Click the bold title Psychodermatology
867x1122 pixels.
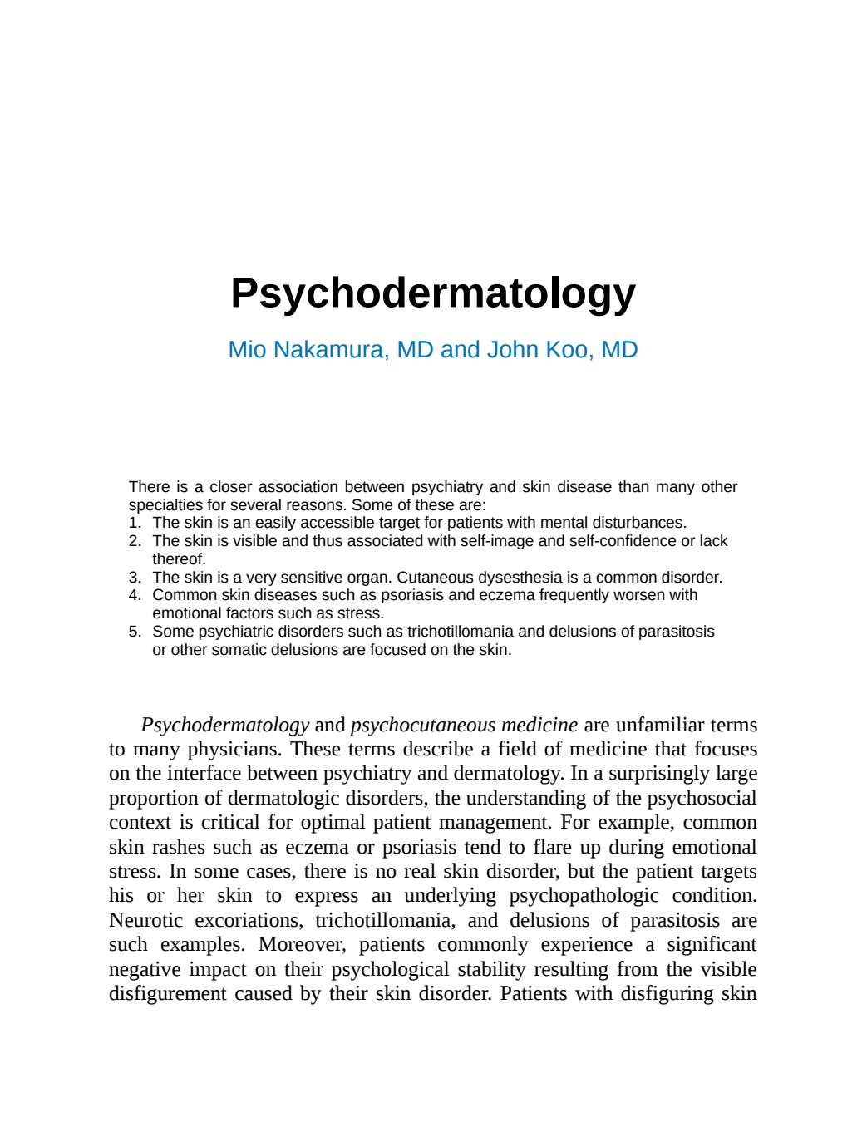433,293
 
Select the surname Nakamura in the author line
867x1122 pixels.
329,350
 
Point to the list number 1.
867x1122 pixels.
135,523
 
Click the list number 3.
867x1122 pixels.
135,578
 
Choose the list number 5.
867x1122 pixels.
135,632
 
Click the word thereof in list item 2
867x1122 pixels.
178,559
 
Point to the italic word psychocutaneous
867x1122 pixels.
423,726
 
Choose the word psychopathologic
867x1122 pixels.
584,896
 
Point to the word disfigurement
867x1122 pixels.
168,993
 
